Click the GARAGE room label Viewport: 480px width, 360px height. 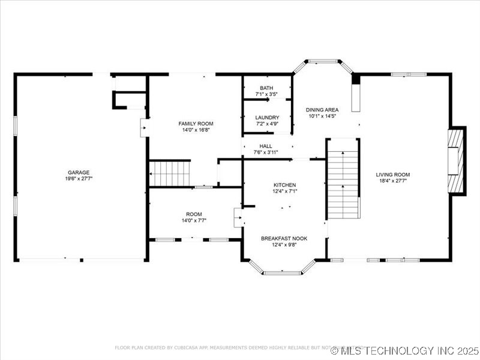tap(78, 172)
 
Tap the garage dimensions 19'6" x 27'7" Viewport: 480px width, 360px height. tap(78, 179)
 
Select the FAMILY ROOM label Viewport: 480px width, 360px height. tap(196, 124)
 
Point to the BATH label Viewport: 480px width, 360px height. tap(266, 88)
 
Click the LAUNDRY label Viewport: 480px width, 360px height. tap(266, 118)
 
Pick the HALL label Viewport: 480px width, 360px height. tap(266, 146)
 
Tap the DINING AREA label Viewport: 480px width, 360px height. tap(322, 110)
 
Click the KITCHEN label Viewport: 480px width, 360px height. tap(284, 185)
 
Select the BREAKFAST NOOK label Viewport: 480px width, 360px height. tap(284, 238)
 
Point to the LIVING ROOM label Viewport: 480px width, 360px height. tap(393, 175)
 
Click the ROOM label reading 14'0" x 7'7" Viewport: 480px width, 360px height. tap(194, 214)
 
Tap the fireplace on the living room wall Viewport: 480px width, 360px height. tap(457, 161)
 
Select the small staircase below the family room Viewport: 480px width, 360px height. tap(170, 173)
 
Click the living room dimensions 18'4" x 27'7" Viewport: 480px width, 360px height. tap(393, 181)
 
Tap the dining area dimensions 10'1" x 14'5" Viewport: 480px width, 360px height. tap(322, 116)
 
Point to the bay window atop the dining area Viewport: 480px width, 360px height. tap(323, 61)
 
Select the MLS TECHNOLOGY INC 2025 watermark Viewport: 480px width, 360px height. tap(406, 350)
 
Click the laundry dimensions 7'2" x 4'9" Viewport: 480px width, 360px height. tap(266, 124)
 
